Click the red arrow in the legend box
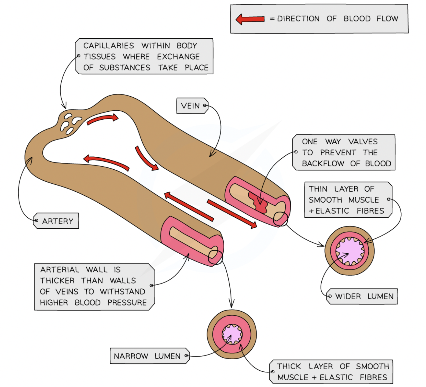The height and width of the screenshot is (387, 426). click(250, 19)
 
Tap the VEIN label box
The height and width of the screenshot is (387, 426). click(192, 106)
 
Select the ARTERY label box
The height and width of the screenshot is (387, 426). click(56, 221)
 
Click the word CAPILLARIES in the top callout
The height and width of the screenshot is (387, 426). click(109, 46)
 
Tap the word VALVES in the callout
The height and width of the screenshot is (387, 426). click(363, 141)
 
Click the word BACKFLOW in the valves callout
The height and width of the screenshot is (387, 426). click(323, 163)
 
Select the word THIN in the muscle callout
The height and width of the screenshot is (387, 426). click(318, 189)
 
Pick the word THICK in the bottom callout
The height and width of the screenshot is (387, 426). click(289, 366)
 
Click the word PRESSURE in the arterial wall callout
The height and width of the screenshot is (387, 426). click(127, 302)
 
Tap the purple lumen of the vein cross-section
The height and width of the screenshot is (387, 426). click(350, 251)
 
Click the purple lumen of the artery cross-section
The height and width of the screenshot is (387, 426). click(232, 334)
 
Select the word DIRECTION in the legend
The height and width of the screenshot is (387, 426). click(298, 19)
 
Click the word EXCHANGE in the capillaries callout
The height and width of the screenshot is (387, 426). click(178, 57)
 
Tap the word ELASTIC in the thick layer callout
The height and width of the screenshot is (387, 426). click(336, 377)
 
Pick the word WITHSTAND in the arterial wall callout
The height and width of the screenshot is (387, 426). click(123, 291)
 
